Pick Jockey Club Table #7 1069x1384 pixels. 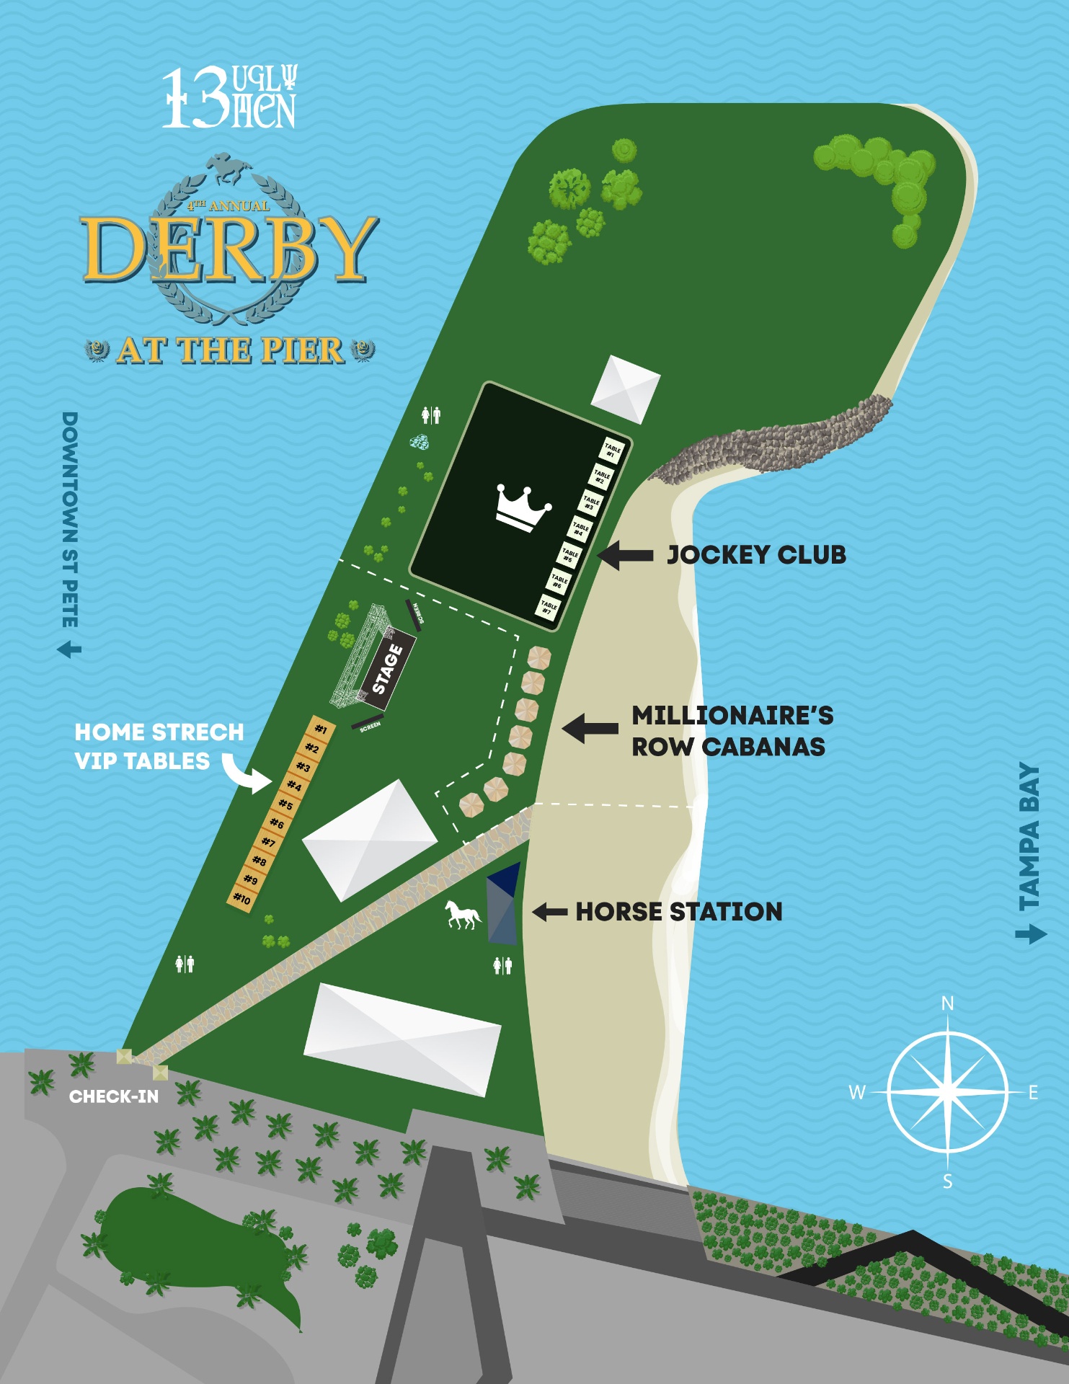[x=549, y=608]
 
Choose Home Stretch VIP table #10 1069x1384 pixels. [x=242, y=899]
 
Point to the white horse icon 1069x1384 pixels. [x=462, y=915]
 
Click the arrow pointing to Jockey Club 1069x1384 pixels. [x=625, y=555]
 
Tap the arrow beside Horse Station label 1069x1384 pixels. [x=549, y=912]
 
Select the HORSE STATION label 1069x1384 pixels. [x=678, y=912]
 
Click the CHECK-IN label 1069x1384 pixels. [x=114, y=1096]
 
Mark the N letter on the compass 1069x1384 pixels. [x=947, y=1003]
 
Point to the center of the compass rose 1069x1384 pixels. [x=947, y=1091]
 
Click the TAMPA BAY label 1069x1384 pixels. [x=1029, y=836]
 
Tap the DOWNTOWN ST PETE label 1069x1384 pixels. [x=70, y=519]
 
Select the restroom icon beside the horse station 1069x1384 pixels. [x=502, y=965]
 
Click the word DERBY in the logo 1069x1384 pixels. [x=229, y=249]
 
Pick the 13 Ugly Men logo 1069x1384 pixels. [x=229, y=97]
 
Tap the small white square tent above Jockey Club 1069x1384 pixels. [x=625, y=389]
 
